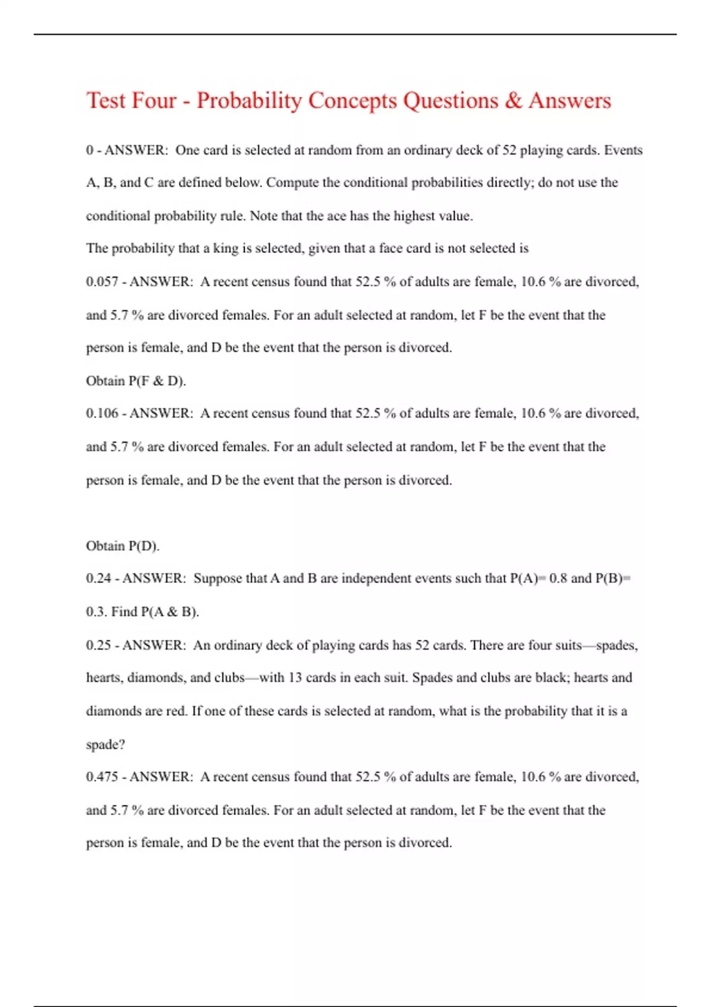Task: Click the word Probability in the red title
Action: coord(249,101)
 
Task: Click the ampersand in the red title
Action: coord(514,101)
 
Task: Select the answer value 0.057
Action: coord(102,282)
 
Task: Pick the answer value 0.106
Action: coord(102,413)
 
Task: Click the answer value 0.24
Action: coord(98,578)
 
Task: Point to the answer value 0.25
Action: coord(98,645)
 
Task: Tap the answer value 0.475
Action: coord(102,777)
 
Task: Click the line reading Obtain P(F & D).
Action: coord(136,381)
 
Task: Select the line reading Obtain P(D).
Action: coord(123,546)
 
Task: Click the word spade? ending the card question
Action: coord(105,745)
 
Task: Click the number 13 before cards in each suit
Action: coord(295,678)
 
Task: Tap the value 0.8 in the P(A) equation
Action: coord(558,578)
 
